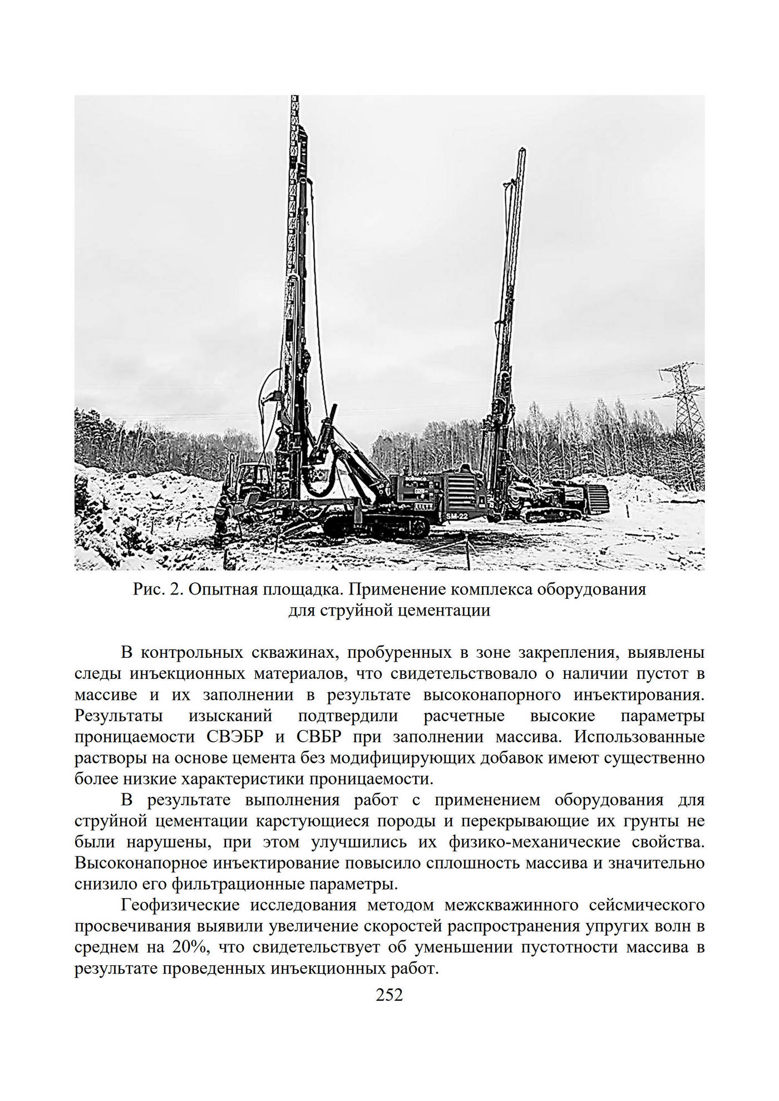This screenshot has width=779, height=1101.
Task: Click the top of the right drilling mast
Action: [x=522, y=151]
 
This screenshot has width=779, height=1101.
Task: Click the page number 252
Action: [x=389, y=994]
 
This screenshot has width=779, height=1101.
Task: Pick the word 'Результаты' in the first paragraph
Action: [x=119, y=716]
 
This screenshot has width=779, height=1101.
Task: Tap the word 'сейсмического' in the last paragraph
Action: [x=647, y=905]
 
